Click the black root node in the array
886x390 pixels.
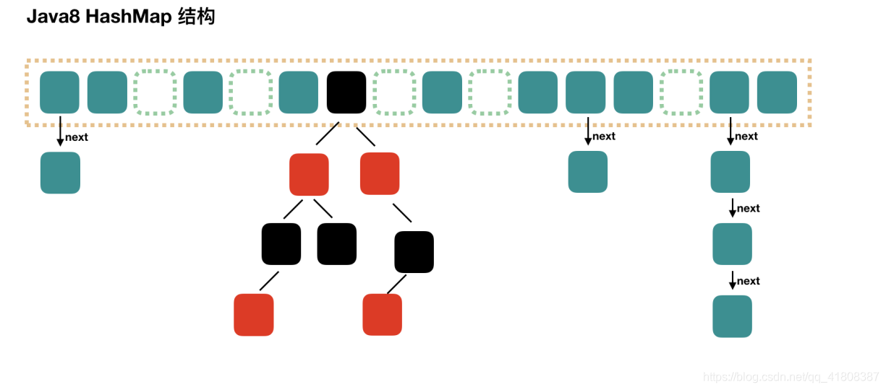346,92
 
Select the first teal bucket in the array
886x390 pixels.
59,92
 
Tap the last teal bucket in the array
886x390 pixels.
777,92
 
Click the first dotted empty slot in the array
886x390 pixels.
155,92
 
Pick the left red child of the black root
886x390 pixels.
309,174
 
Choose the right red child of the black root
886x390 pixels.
380,173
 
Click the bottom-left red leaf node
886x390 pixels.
254,315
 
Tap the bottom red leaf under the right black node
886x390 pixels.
382,315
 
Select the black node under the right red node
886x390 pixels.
414,252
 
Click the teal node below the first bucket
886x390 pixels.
60,173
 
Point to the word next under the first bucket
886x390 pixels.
77,137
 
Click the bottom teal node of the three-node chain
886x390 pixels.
732,316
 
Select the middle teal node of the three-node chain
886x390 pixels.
732,244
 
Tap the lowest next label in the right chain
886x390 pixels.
749,281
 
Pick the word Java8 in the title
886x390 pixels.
53,17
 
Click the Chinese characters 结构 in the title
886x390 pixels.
196,17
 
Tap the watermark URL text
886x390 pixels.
791,377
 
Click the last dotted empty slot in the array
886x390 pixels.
681,92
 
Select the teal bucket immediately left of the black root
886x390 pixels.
298,92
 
